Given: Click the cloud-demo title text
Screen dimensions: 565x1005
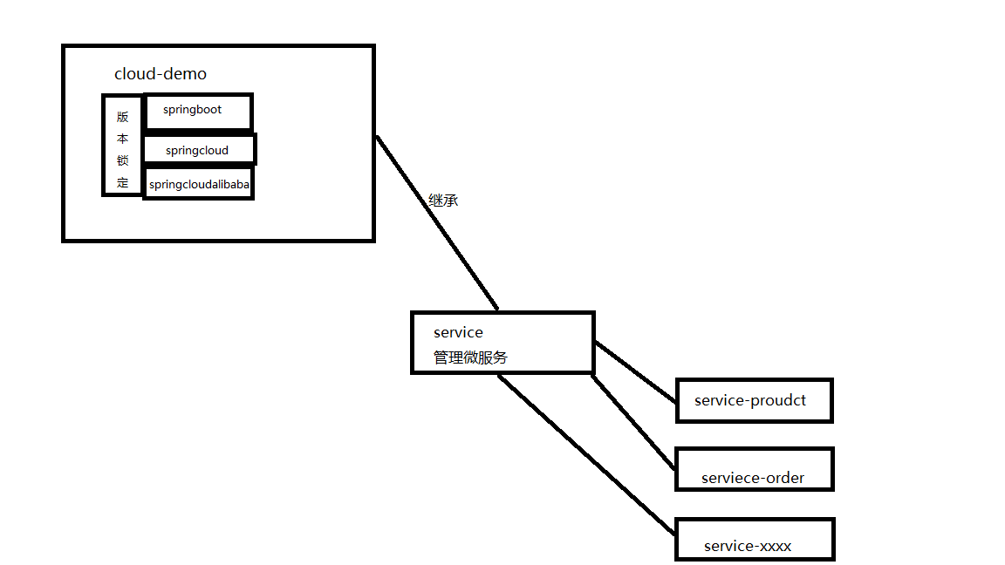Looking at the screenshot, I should tap(161, 74).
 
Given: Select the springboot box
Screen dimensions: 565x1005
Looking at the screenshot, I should tap(198, 112).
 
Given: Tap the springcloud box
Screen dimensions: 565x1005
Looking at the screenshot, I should tap(199, 149).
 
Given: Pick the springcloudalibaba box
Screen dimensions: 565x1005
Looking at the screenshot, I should tap(199, 184).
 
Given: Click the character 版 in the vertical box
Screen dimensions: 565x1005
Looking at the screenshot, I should tap(122, 117).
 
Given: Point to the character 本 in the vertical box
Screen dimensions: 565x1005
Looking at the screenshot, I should tap(122, 139).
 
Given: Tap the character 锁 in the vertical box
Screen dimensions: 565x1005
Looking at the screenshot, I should tap(122, 160).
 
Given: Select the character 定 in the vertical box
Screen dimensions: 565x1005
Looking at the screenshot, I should tap(122, 182).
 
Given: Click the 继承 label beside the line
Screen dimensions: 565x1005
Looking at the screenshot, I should tap(443, 200).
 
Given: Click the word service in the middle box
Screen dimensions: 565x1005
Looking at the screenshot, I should tap(458, 332).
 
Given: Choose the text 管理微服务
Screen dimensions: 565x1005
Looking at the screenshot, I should tap(470, 357).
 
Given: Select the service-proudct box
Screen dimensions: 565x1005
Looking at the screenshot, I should tap(754, 400).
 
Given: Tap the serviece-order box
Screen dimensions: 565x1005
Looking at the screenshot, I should tap(754, 469).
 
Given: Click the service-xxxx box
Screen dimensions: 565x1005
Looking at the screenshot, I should tap(754, 539).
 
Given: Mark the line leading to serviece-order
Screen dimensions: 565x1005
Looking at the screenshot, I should tap(633, 422).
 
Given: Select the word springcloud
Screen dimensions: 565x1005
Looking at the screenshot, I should tap(197, 151).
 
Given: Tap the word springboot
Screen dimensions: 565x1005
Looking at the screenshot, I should tap(192, 110).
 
